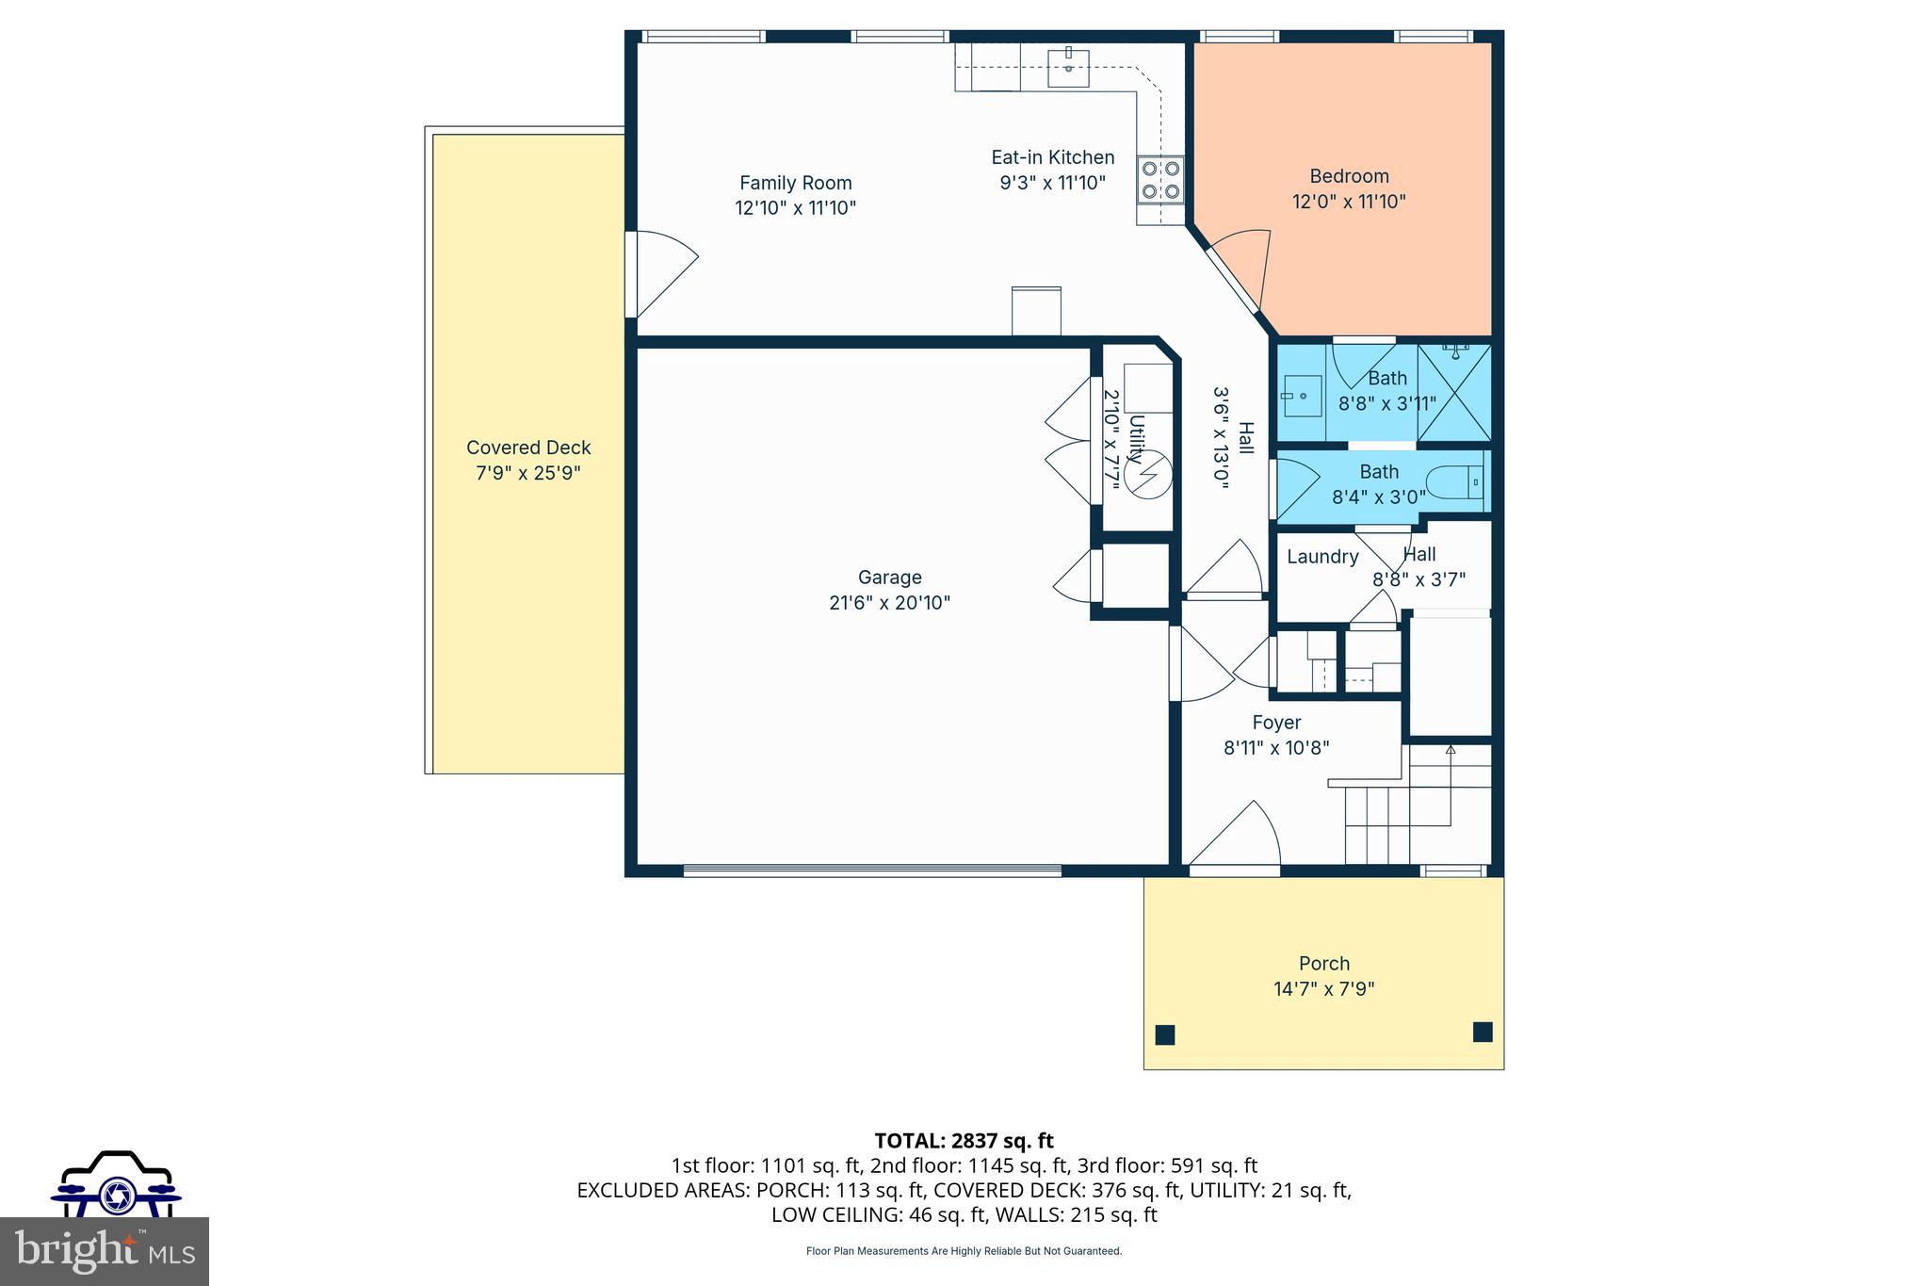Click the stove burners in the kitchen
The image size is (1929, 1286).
coord(1160,180)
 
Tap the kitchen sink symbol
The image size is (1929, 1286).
coord(1069,65)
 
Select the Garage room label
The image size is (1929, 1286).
coord(889,578)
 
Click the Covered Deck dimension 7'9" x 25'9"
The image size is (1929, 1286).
coord(527,473)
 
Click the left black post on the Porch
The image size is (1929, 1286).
coord(1165,1034)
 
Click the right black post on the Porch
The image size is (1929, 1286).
coord(1483,1032)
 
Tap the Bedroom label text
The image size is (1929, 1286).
coord(1349,176)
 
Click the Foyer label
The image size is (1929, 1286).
coord(1276,723)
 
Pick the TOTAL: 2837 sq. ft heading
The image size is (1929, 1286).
coord(964,1141)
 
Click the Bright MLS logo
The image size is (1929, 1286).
coord(105,1251)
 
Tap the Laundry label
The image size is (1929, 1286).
coord(1322,557)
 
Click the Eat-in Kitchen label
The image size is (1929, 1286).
coord(1052,157)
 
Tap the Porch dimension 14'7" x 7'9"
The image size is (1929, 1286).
coord(1323,989)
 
